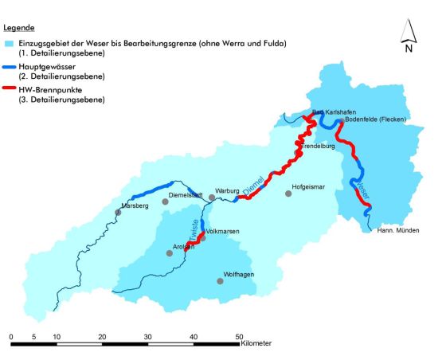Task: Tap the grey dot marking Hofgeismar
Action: point(288,194)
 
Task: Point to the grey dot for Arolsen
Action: point(169,253)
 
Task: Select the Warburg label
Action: point(228,191)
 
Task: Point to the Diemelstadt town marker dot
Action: point(166,202)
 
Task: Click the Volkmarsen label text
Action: point(222,231)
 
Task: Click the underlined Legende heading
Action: point(18,26)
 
